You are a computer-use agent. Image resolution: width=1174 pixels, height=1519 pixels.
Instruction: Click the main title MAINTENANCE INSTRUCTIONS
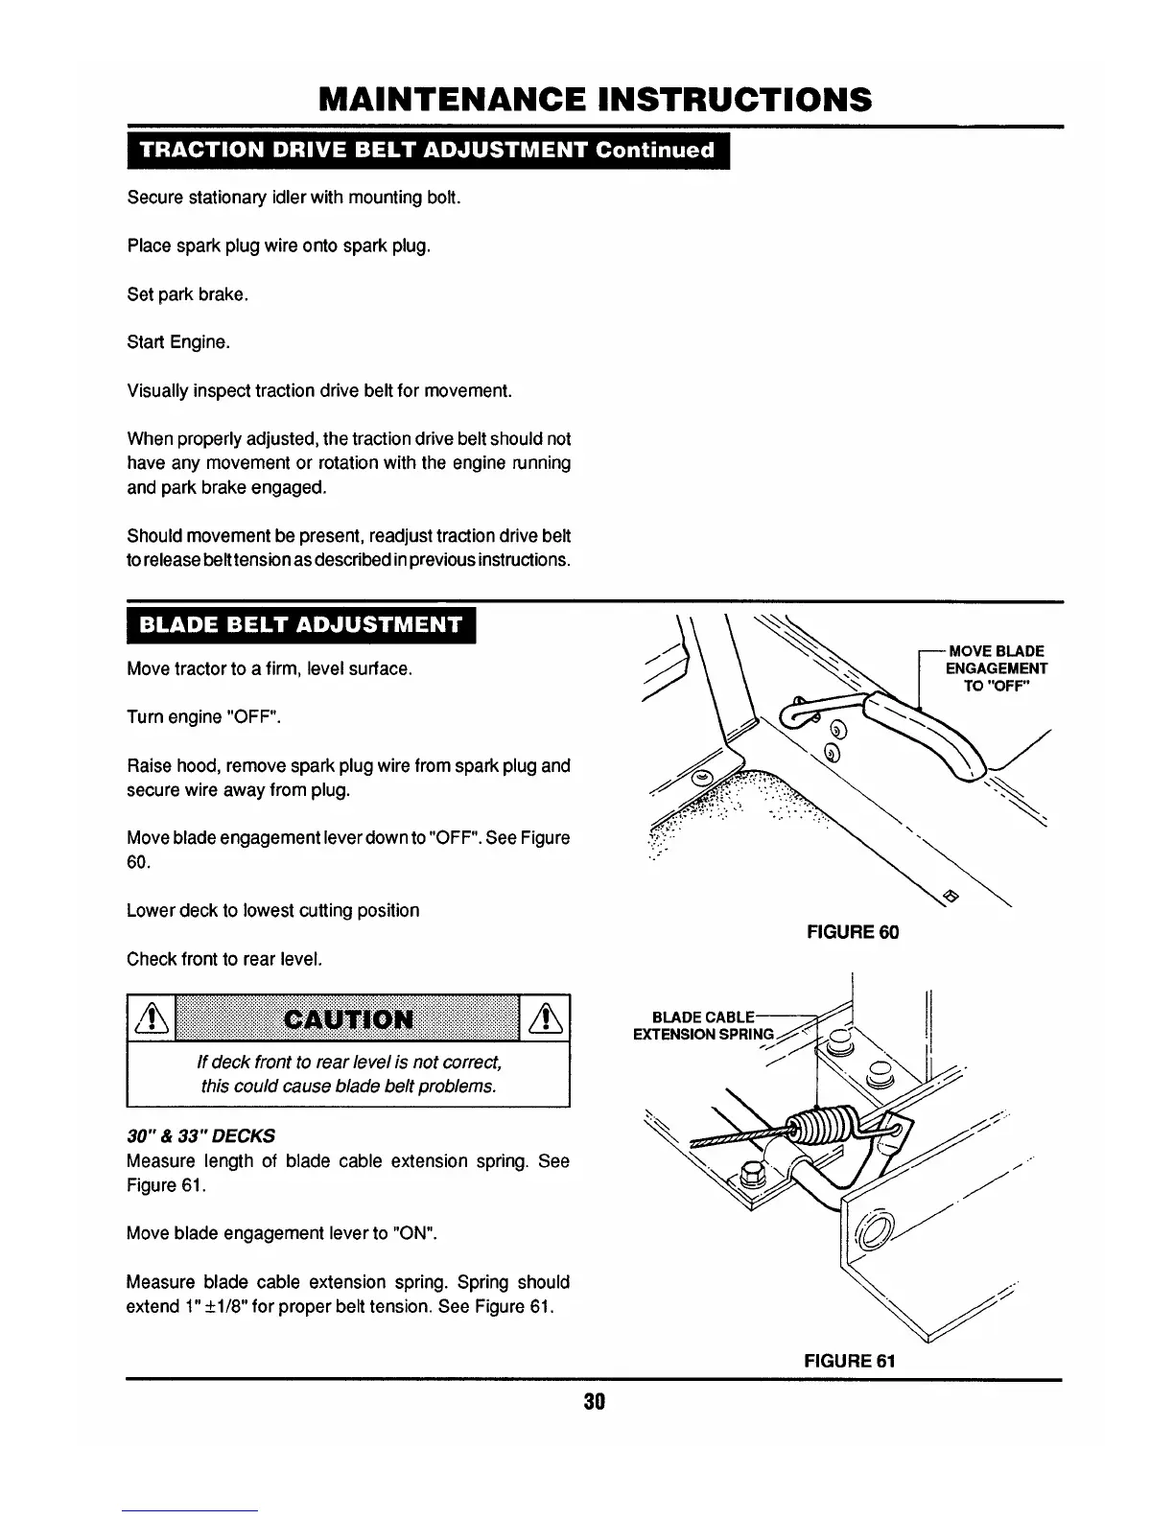pos(595,99)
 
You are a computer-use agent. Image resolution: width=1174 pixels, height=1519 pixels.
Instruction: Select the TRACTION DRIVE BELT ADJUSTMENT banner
pos(429,151)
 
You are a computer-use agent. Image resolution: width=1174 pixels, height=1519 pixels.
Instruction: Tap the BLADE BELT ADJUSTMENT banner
pos(301,626)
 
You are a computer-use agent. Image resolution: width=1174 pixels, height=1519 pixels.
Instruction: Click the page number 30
pos(594,1401)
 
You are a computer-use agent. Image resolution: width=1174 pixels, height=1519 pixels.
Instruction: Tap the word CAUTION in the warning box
pos(348,1017)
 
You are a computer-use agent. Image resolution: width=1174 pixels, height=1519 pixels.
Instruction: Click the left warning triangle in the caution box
pos(152,1017)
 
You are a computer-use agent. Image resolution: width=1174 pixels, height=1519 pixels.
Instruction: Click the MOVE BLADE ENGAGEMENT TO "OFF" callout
pos(996,668)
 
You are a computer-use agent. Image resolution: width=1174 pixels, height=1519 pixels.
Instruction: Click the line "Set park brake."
pos(188,294)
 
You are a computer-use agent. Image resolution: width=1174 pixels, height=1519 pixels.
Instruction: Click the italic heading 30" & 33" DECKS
pos(200,1135)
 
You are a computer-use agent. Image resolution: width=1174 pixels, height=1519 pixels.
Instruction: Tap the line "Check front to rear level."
pos(222,959)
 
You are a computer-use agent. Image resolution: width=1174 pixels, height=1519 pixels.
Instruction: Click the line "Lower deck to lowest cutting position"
pos(272,910)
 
